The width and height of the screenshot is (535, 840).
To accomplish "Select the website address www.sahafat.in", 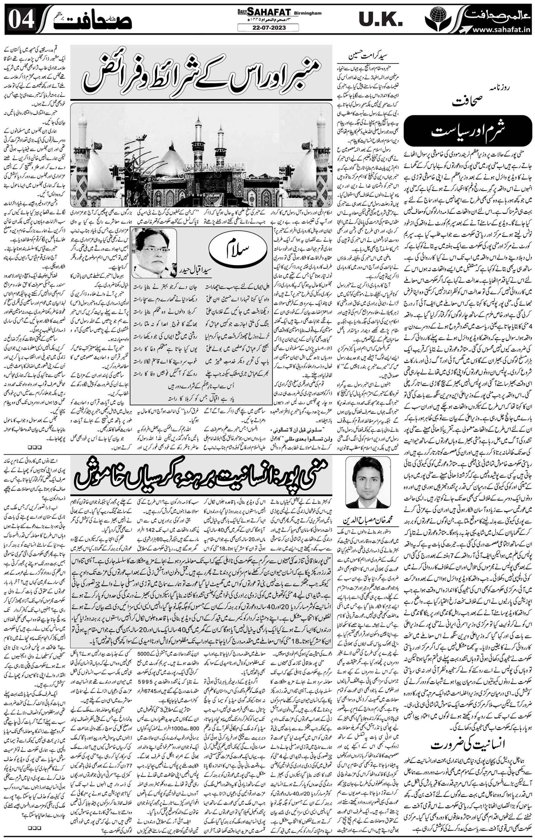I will coord(501,30).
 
